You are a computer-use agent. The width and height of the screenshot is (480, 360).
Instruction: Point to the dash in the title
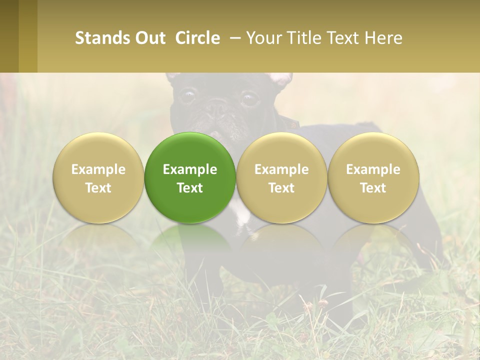tap(233, 38)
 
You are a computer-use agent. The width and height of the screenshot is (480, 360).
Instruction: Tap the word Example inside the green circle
tap(190, 169)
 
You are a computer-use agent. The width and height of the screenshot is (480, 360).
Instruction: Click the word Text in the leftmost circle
tap(98, 188)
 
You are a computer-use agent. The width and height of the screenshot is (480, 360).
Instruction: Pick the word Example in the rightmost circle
tap(373, 169)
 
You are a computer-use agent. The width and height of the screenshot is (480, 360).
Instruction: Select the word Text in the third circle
tap(281, 188)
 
